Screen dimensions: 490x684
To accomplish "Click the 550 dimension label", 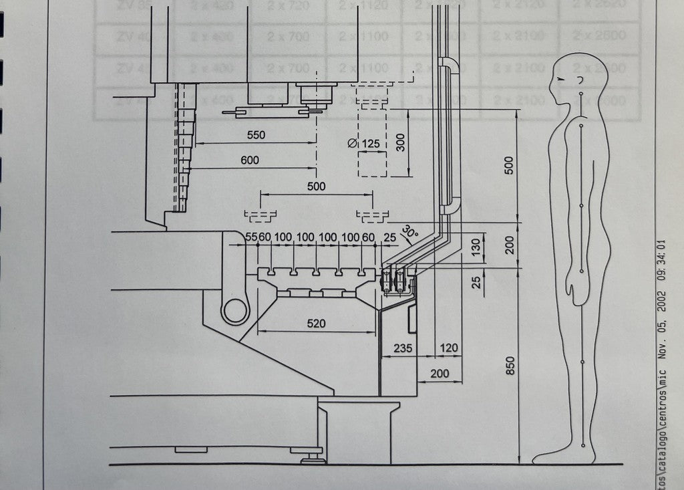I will [256, 135].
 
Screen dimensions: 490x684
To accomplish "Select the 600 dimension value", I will [250, 160].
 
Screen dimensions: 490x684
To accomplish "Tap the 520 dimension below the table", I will [316, 324].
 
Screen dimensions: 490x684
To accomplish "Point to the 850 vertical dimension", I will [510, 366].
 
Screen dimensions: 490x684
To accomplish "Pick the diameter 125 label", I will [364, 144].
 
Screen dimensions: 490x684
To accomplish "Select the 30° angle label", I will [409, 233].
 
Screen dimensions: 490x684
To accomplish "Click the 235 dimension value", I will [403, 348].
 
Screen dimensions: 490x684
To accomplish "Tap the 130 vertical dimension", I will [476, 247].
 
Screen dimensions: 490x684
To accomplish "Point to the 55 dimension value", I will [251, 237].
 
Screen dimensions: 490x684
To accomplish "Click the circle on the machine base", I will [235, 310].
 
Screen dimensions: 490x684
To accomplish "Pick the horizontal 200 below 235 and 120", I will [440, 373].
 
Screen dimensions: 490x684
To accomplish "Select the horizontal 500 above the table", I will [316, 187].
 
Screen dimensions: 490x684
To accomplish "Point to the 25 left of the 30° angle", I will [390, 237].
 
